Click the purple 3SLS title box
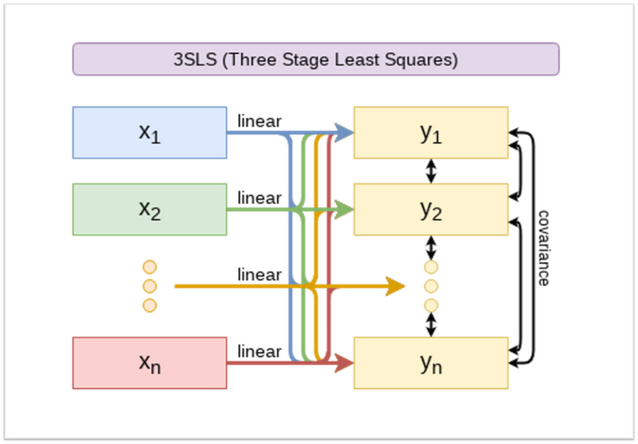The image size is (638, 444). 315,59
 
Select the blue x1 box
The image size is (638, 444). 150,132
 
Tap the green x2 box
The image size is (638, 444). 150,209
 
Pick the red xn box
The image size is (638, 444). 150,362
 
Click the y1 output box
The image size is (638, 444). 431,132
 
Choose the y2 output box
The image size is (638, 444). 431,209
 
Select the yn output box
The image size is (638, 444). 431,362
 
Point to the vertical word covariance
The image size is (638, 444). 543,247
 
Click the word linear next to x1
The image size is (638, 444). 259,121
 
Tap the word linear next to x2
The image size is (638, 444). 259,198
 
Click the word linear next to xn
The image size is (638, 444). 259,351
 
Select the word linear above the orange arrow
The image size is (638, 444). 259,275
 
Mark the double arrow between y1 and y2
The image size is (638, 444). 432,170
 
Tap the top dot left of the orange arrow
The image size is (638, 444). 149,267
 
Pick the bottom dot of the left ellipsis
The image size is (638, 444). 149,306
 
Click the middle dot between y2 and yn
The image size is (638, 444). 432,286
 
